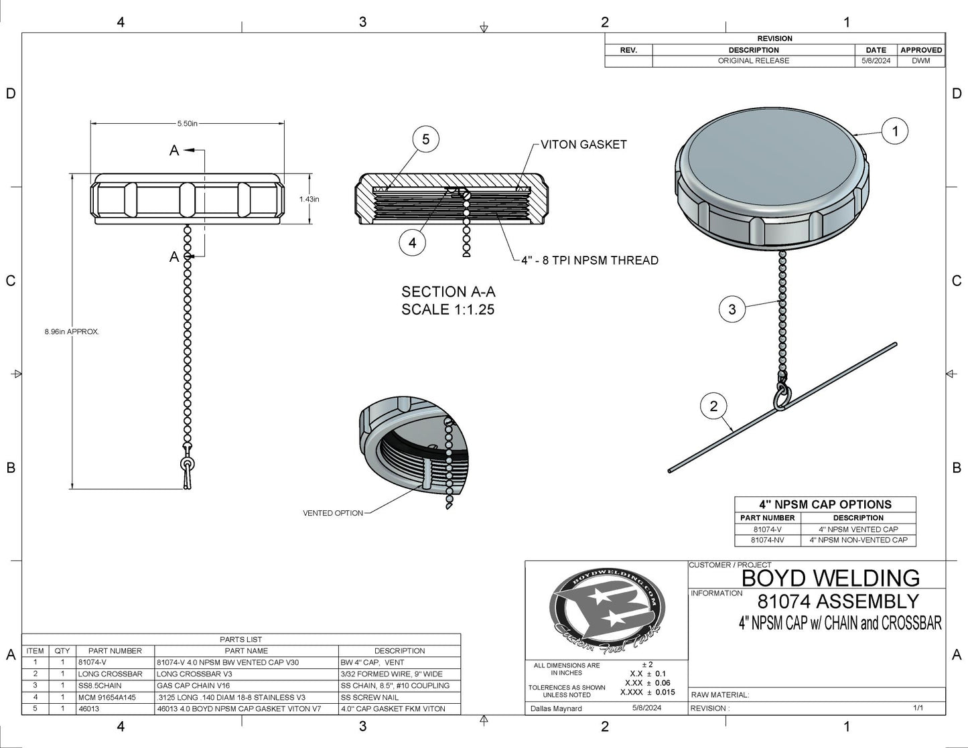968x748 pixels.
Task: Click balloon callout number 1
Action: click(x=895, y=131)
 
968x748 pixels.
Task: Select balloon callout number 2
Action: click(x=713, y=406)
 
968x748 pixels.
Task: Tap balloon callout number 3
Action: click(x=732, y=309)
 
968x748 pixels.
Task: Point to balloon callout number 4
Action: click(x=413, y=242)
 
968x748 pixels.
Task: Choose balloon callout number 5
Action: click(x=425, y=140)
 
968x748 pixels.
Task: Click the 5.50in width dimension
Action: click(x=188, y=123)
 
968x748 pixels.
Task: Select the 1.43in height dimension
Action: click(x=309, y=199)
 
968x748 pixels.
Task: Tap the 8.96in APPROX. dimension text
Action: click(x=72, y=331)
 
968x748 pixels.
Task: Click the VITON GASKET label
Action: click(x=583, y=144)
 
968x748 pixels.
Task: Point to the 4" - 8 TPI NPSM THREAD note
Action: click(x=590, y=260)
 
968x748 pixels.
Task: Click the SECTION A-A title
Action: click(x=448, y=292)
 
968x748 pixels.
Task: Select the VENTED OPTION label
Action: click(x=333, y=513)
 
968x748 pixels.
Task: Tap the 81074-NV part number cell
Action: click(x=767, y=540)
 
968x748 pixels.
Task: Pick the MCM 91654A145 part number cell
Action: click(x=107, y=697)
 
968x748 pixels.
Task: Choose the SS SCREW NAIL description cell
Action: click(x=370, y=697)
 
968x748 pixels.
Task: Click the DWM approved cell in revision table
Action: click(x=921, y=61)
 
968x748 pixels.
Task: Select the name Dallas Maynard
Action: click(x=556, y=708)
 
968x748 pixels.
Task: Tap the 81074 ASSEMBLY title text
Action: click(x=838, y=601)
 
